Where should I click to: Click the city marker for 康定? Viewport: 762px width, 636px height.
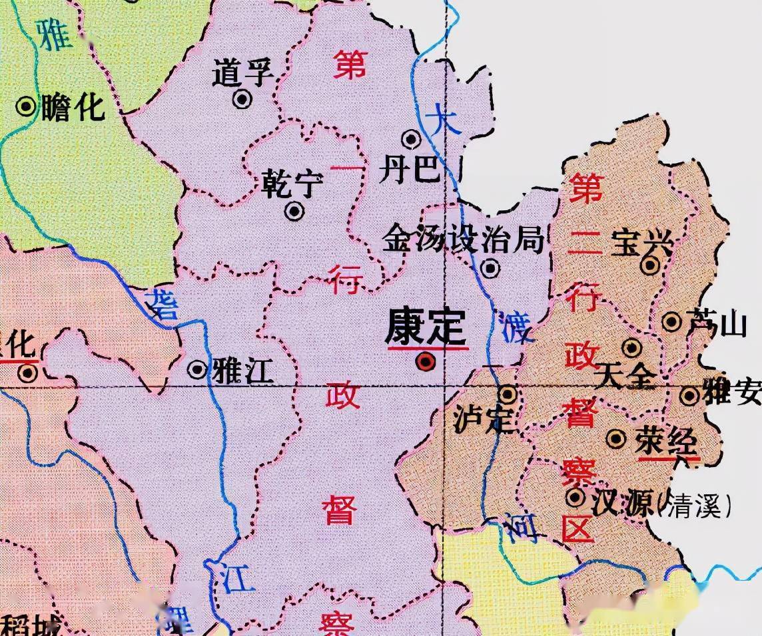425,362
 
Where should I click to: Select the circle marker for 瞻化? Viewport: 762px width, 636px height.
27,106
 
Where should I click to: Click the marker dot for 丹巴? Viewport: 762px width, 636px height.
412,139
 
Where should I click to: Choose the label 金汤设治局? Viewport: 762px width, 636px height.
464,239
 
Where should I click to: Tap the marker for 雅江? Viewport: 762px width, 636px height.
197,369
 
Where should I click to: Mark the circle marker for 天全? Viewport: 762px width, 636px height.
631,347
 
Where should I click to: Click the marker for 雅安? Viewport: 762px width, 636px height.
689,397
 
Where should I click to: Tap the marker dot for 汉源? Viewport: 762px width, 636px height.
575,497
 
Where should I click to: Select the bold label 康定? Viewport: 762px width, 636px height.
426,327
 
